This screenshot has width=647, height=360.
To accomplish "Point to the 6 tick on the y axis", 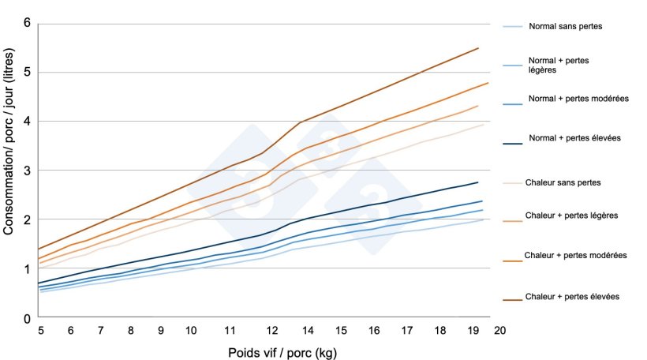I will coord(27,23).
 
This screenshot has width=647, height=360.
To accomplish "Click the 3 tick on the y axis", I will coord(27,171).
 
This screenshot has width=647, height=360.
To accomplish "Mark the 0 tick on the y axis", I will coord(27,317).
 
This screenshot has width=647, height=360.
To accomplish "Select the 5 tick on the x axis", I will coord(40,331).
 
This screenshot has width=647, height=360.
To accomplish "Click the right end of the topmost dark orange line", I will coord(479,48).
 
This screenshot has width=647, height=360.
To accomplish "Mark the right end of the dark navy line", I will coord(479,182).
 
